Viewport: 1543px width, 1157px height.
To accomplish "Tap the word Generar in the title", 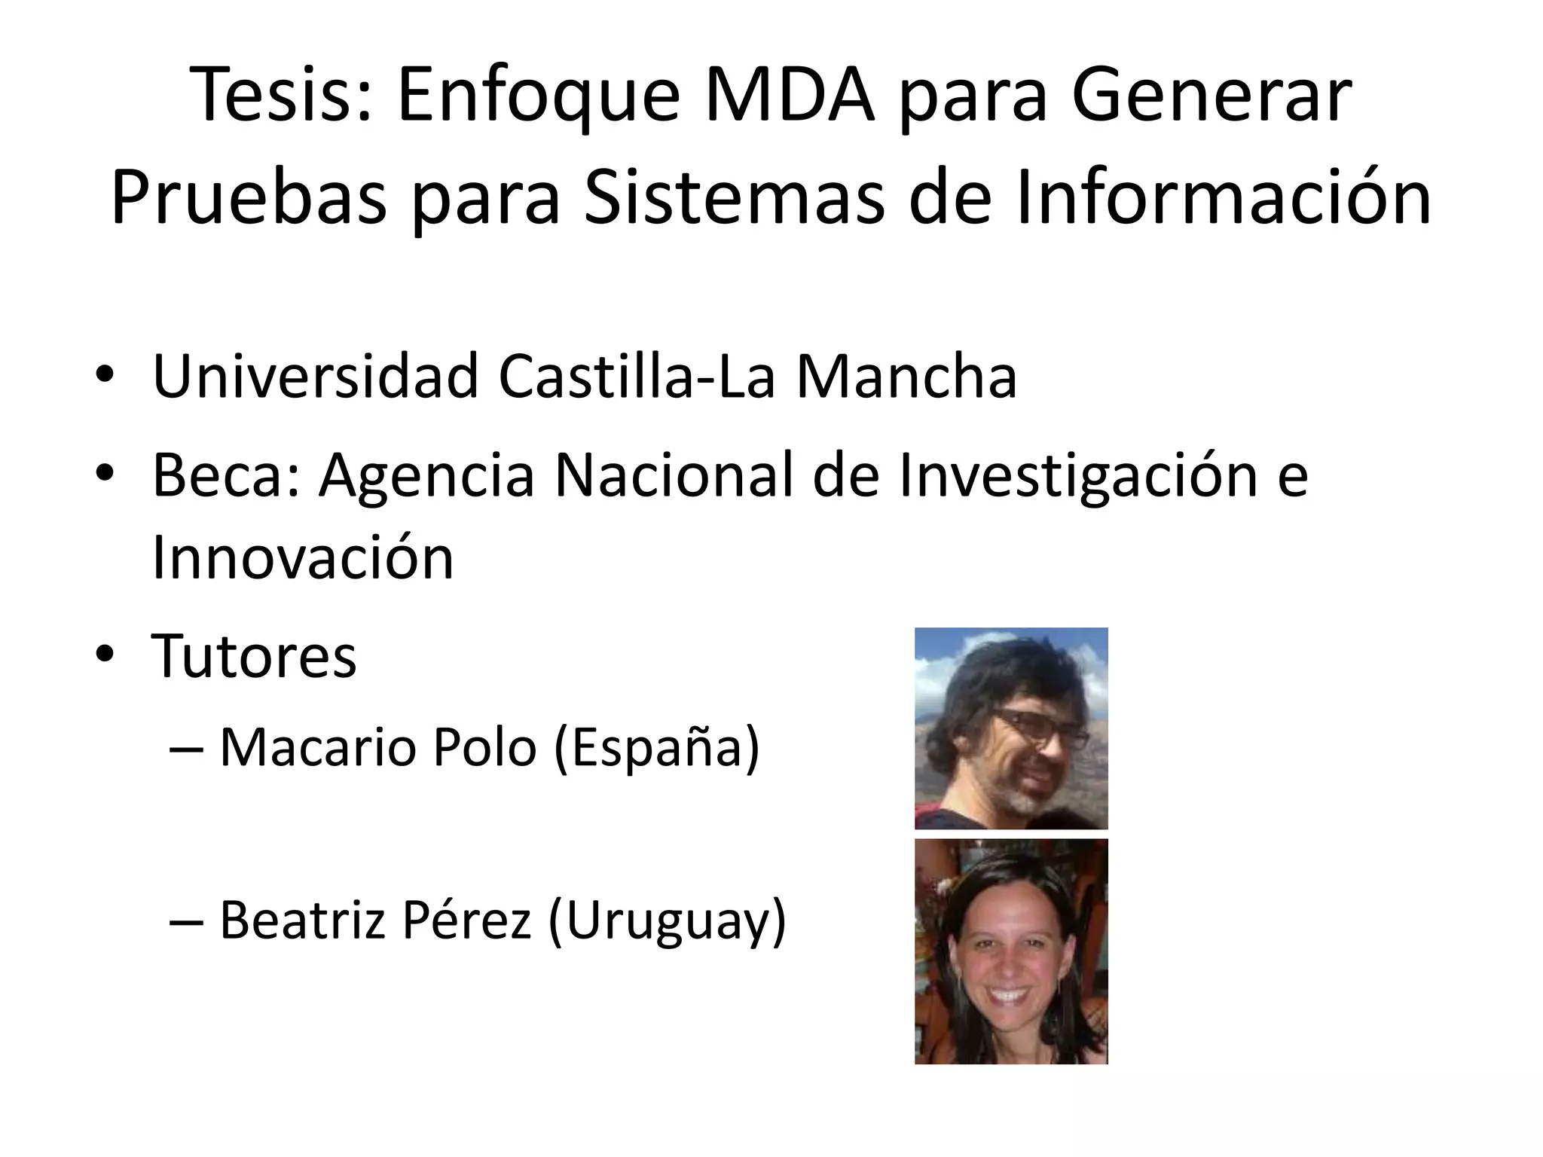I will pyautogui.click(x=1211, y=96).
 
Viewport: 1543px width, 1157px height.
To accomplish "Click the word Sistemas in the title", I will pyautogui.click(x=734, y=197).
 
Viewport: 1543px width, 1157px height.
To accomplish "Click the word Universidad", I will pyautogui.click(x=316, y=376).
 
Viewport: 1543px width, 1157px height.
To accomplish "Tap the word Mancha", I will pyautogui.click(x=907, y=376).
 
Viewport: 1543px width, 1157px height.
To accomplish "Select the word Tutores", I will pyautogui.click(x=254, y=656).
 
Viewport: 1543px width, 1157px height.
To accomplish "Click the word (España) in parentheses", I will pyautogui.click(x=656, y=749).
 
